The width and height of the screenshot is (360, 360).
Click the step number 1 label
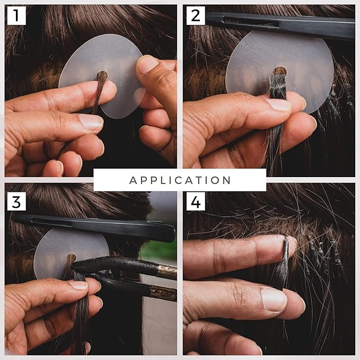(x=16, y=15)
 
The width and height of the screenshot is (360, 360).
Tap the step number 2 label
(x=196, y=15)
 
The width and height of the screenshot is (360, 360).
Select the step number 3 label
(x=16, y=201)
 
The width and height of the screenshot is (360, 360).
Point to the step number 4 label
(x=196, y=201)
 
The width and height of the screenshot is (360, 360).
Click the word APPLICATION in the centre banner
(x=180, y=180)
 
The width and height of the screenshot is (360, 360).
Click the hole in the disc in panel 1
(x=102, y=75)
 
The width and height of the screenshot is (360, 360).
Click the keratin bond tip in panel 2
(x=278, y=86)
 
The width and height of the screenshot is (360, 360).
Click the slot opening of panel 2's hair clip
(x=251, y=22)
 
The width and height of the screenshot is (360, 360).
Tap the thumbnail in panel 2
(x=278, y=104)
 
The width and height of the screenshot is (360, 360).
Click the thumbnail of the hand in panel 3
(x=78, y=285)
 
